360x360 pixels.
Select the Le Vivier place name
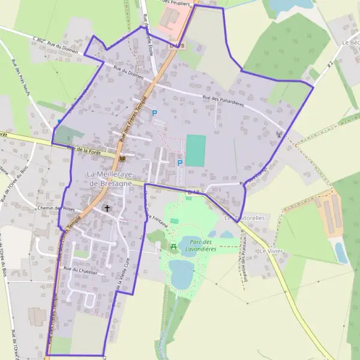pyautogui.click(x=271, y=248)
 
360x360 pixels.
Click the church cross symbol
pyautogui.click(x=107, y=208)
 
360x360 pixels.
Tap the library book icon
pyautogui.click(x=122, y=158)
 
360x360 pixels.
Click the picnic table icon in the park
pyautogui.click(x=173, y=246)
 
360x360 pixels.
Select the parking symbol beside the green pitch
pyautogui.click(x=179, y=163)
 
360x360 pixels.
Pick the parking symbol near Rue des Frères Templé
pyautogui.click(x=154, y=113)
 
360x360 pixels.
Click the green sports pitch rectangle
pyautogui.click(x=196, y=150)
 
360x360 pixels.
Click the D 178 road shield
pyautogui.click(x=177, y=46)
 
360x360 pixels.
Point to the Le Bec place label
pyautogui.click(x=350, y=43)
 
